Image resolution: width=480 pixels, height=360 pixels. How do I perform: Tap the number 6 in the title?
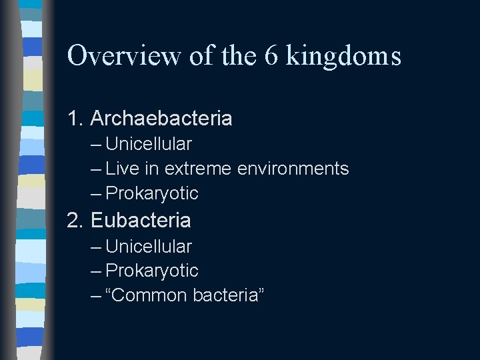click(x=270, y=56)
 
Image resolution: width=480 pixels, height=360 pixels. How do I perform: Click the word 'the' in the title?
click(x=235, y=56)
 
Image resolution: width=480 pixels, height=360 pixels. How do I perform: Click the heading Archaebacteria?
click(x=161, y=119)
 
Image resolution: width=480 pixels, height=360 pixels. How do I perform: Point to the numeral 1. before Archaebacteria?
click(x=76, y=119)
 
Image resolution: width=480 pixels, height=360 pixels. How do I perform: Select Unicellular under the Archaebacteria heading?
click(x=149, y=144)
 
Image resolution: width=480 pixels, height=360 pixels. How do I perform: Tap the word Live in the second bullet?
click(x=121, y=169)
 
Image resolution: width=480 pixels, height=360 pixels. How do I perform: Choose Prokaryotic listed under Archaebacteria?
click(x=152, y=193)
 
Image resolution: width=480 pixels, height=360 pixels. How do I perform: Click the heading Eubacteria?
click(x=141, y=220)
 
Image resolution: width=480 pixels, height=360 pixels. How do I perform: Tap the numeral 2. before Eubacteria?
click(x=76, y=220)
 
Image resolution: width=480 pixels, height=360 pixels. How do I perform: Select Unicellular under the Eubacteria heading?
click(x=149, y=247)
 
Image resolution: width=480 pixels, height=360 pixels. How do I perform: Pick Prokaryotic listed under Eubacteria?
click(x=152, y=271)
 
